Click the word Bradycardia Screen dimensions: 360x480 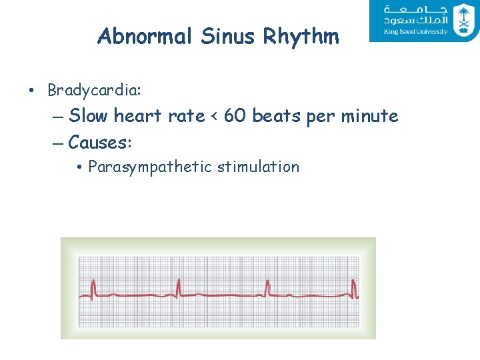(x=94, y=89)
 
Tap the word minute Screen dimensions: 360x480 (x=369, y=116)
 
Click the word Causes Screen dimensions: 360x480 (x=100, y=142)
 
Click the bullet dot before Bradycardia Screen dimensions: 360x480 (x=33, y=90)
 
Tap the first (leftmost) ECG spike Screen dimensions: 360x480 (x=93, y=287)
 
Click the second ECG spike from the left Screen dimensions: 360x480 (x=179, y=287)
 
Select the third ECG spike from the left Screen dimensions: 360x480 (x=267, y=287)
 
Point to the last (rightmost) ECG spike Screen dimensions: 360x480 (x=355, y=287)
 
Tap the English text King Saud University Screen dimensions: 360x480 (x=415, y=31)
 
